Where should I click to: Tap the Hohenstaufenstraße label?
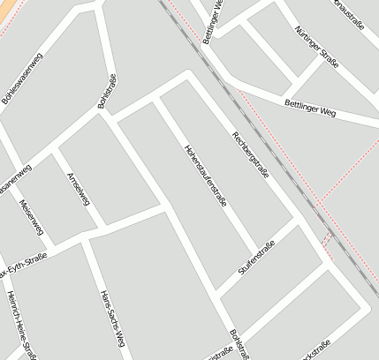point(206,175)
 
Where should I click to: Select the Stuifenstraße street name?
point(255,259)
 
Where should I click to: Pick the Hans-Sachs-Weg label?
point(113,319)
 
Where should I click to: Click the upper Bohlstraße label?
point(107,92)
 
